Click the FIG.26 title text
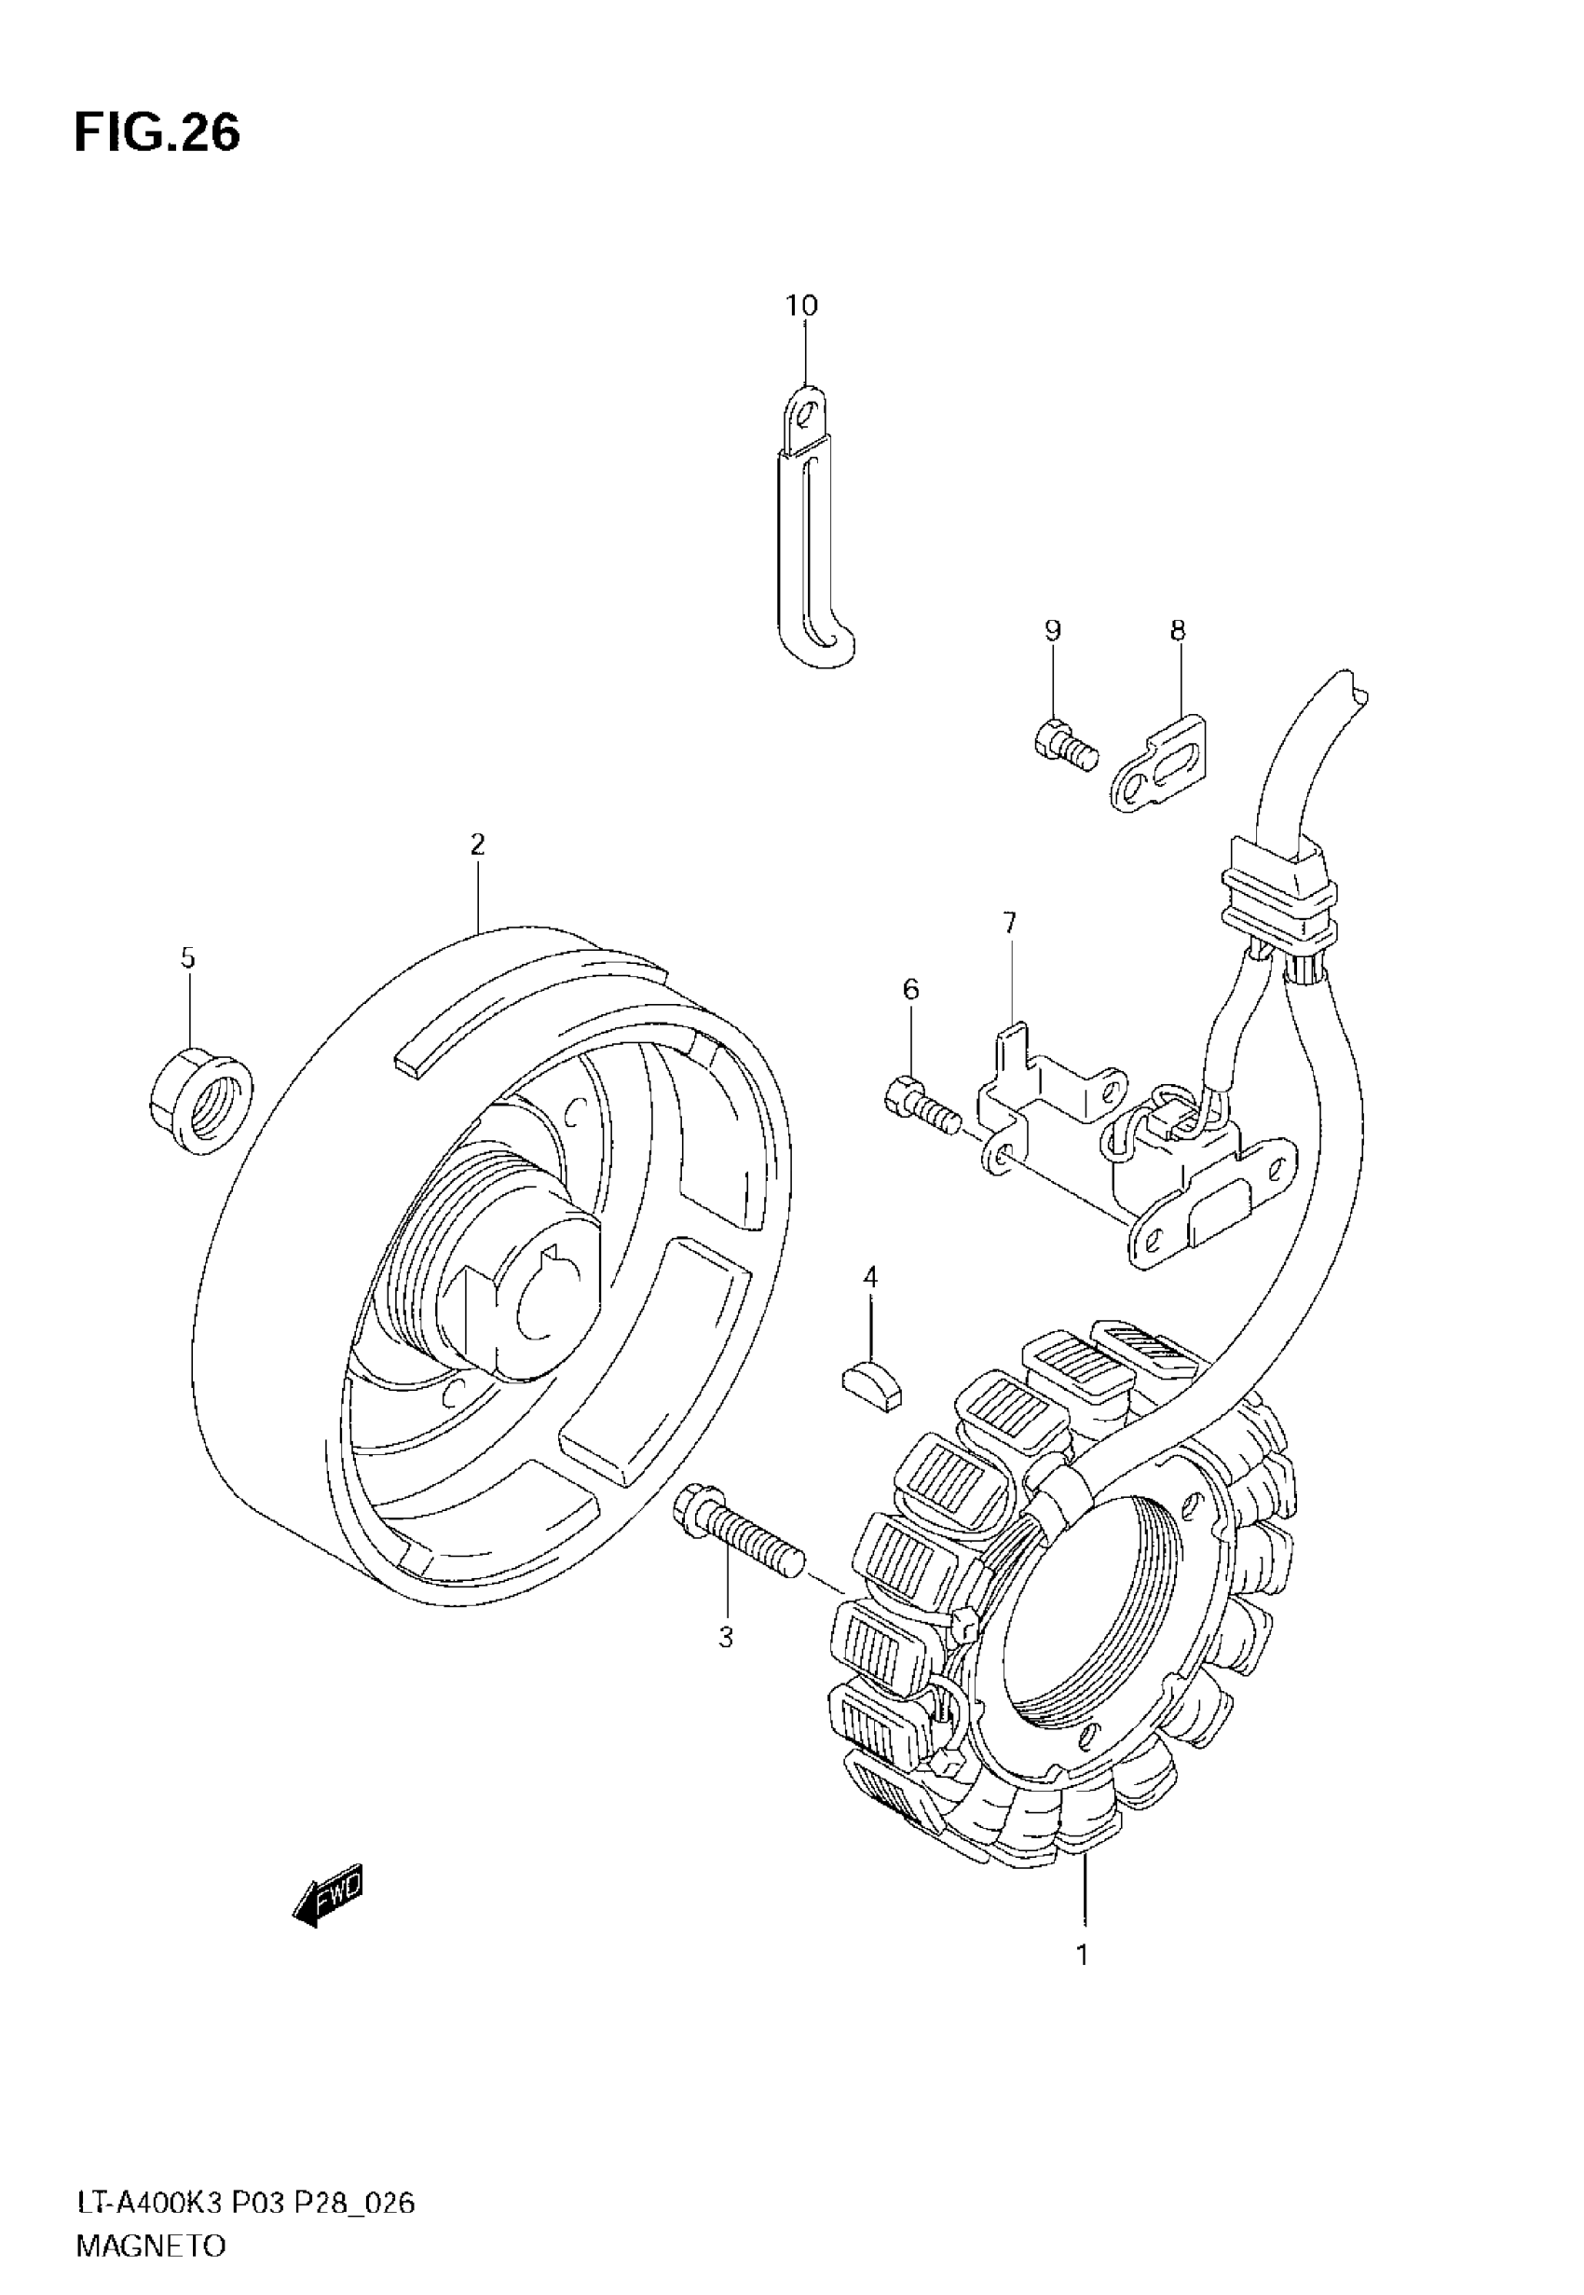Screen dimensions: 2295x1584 tap(157, 133)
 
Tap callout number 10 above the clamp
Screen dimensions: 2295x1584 tap(802, 306)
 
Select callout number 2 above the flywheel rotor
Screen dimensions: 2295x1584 tap(477, 845)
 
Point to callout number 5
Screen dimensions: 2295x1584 tap(187, 958)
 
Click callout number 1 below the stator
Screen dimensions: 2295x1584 tap(1083, 1955)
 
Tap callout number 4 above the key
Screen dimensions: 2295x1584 tap(870, 1276)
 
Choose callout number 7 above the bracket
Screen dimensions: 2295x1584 tap(1009, 923)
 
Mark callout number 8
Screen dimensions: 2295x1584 tap(1178, 630)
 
